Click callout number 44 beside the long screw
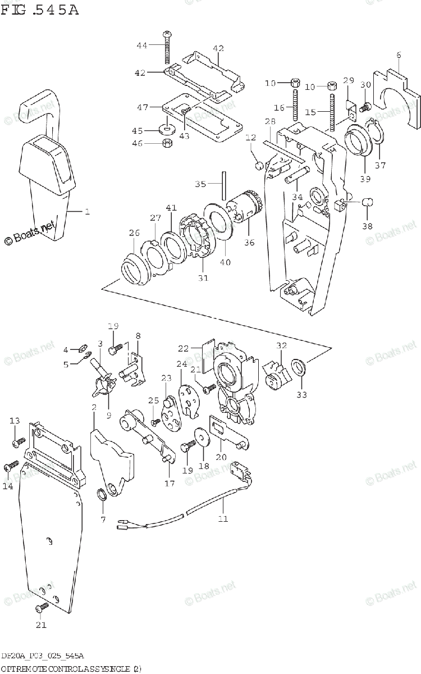141,45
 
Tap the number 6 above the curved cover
399,54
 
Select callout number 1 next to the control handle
87,212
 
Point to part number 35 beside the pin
200,183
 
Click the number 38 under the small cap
367,226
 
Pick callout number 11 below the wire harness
223,518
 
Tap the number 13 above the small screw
15,421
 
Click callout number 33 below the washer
302,394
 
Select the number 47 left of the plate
143,107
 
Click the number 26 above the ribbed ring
134,233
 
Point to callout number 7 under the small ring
103,520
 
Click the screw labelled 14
11,466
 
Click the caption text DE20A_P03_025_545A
43,656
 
